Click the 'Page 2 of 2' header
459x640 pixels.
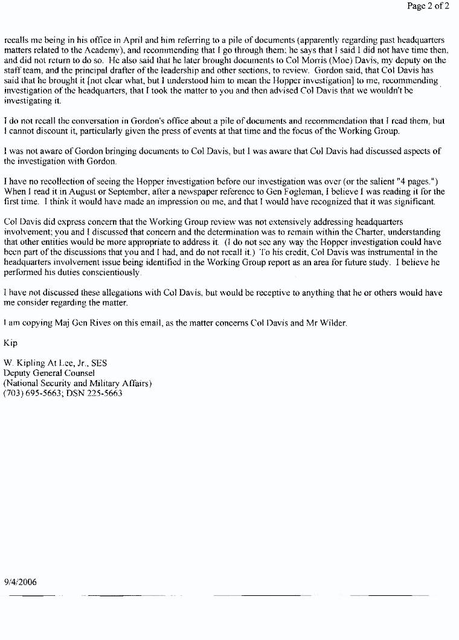coord(428,6)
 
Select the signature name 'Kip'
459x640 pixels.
coord(10,343)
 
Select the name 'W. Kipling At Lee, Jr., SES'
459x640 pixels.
coord(56,363)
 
